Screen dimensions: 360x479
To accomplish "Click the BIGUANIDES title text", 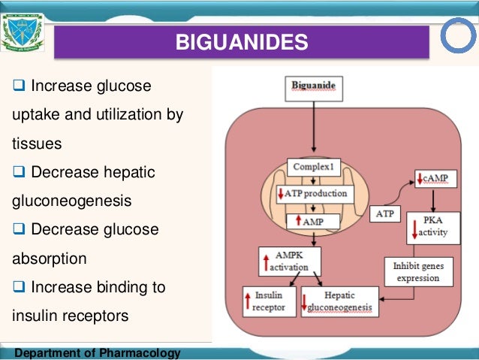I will pyautogui.click(x=241, y=42).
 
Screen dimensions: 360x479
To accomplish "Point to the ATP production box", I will pyautogui.click(x=314, y=194).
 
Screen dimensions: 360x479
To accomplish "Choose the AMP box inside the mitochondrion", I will pyautogui.click(x=314, y=222).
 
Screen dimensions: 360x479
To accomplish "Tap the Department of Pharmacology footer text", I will pyautogui.click(x=91, y=353).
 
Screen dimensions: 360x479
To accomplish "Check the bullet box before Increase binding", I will pyautogui.click(x=20, y=288).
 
